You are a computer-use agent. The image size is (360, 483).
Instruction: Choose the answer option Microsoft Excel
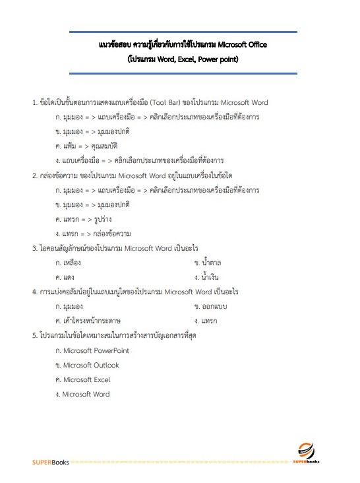point(86,379)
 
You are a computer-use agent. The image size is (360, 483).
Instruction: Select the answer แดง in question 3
point(69,277)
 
